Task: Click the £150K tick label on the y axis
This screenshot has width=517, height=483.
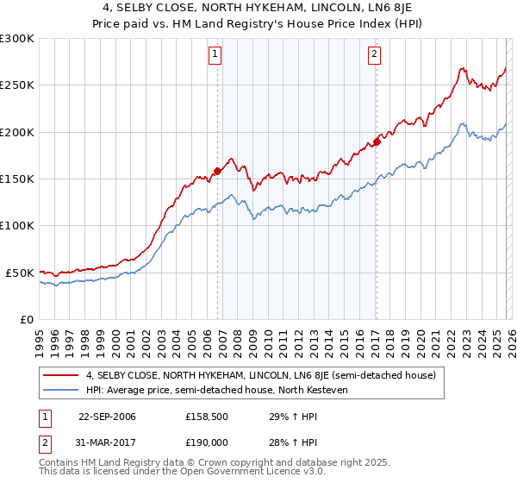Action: click(17, 179)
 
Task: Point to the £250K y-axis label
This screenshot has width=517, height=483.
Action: click(17, 85)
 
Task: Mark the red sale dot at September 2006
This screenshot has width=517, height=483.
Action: click(217, 171)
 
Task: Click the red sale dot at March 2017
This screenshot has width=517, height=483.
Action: click(377, 141)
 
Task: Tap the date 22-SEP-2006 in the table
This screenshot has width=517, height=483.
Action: click(107, 417)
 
